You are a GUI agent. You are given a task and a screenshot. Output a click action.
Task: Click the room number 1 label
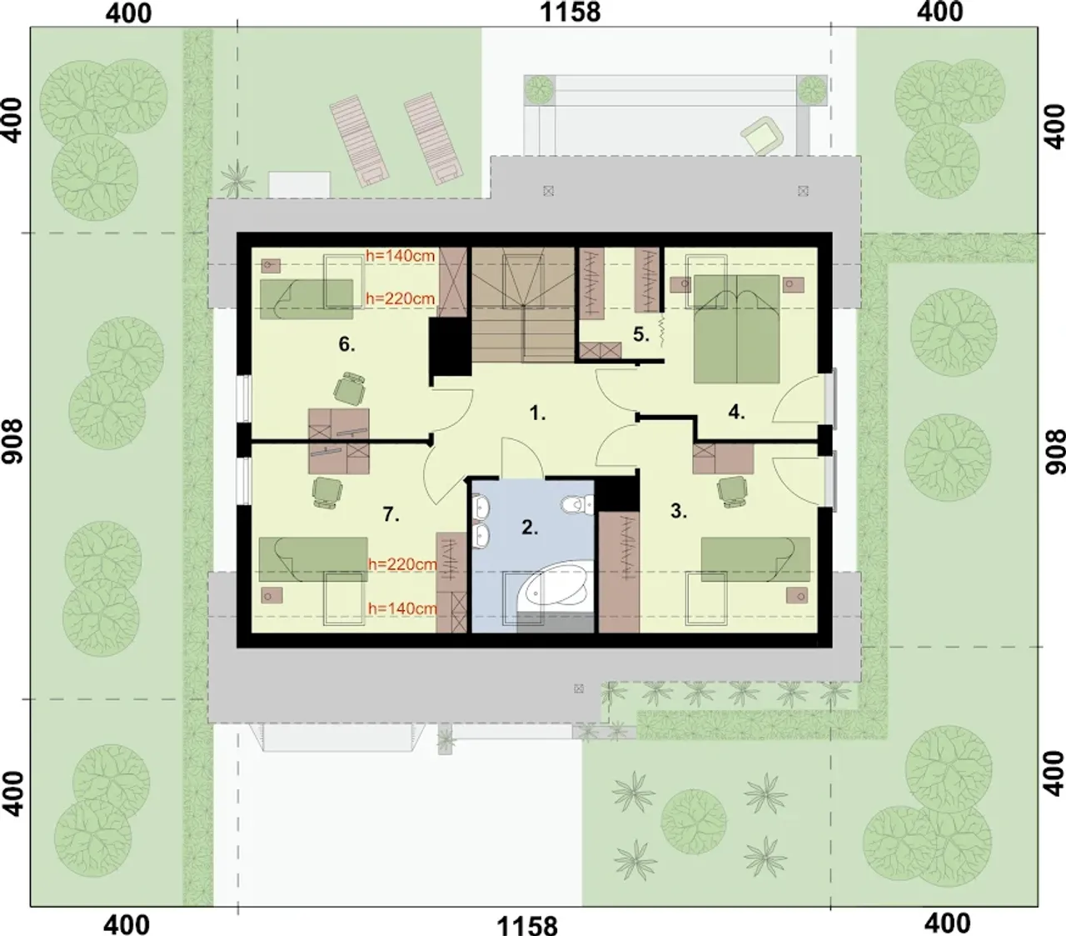pos(537,413)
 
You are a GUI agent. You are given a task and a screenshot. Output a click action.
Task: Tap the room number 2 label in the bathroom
pos(530,528)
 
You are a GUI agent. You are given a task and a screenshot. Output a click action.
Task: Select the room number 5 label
pos(641,334)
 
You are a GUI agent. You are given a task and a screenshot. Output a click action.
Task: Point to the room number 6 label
pos(346,344)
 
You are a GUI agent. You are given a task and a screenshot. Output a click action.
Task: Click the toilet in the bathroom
pos(576,505)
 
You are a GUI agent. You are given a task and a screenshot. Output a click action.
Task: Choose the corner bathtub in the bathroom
pos(556,589)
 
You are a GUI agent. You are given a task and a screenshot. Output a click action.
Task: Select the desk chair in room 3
pos(732,491)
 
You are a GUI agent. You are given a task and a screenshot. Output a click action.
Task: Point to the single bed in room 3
pos(755,559)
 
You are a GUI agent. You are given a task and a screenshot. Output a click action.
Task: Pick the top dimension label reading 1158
pos(570,13)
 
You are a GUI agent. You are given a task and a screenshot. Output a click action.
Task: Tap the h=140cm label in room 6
pos(401,256)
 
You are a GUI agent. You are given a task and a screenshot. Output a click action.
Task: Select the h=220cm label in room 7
pos(402,564)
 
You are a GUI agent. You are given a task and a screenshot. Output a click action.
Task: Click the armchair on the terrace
pos(762,136)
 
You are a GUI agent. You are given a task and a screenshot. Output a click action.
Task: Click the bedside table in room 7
pos(271,596)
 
